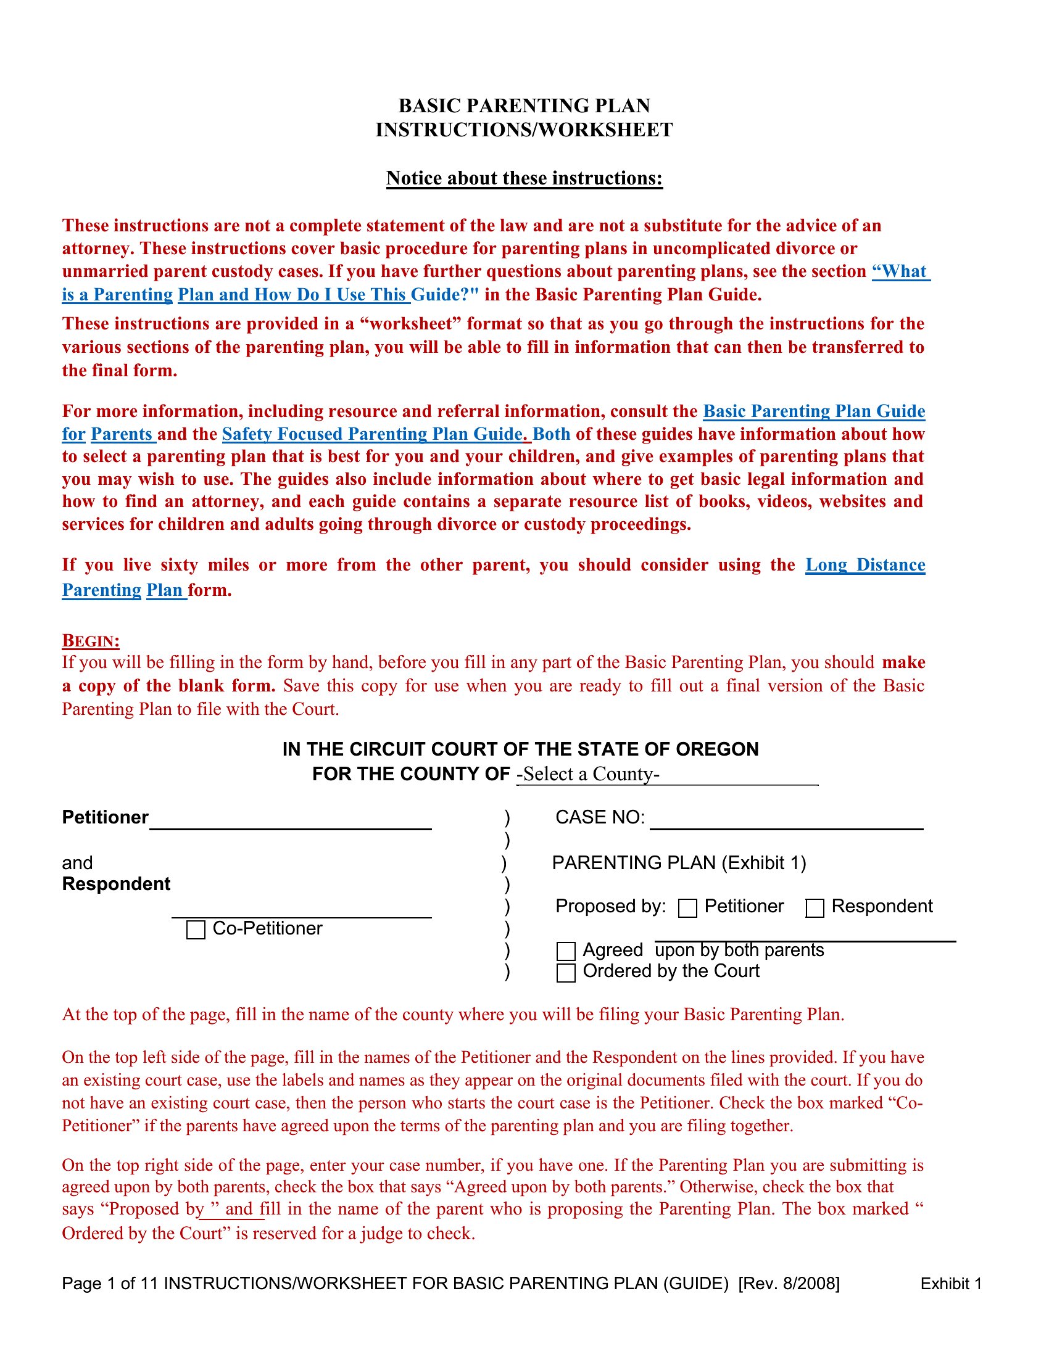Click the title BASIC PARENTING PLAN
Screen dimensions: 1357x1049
click(x=524, y=105)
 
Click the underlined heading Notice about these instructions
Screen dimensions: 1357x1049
click(x=524, y=178)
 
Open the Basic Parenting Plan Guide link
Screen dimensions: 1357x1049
click(x=813, y=411)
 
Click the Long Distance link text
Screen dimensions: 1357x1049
click(x=865, y=565)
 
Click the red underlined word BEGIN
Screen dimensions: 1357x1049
click(x=91, y=641)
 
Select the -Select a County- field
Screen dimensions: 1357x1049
click(x=666, y=774)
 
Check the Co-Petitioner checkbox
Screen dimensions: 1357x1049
click(x=196, y=930)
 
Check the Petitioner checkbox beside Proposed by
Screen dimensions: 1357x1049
click(x=687, y=909)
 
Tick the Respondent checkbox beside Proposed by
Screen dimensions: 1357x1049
click(x=814, y=909)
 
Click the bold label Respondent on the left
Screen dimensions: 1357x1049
click(x=116, y=884)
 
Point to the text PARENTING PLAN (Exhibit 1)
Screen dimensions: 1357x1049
click(x=679, y=863)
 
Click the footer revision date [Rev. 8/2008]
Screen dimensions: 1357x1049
click(x=789, y=1284)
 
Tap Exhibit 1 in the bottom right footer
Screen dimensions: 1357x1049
click(x=951, y=1284)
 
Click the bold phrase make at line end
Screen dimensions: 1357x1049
click(x=903, y=662)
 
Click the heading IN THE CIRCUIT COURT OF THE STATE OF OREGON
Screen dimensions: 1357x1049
click(x=520, y=749)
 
